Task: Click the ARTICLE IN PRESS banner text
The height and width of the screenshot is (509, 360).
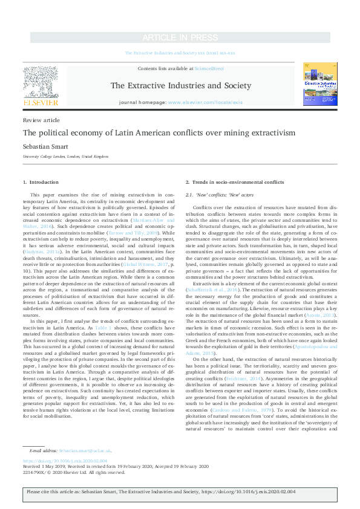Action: [180, 38]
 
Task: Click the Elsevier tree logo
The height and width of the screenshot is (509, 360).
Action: [40, 81]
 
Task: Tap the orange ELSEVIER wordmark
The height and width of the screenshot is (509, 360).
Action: [40, 103]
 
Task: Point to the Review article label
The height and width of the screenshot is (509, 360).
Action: [37, 120]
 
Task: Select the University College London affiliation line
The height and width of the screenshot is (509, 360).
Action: [65, 157]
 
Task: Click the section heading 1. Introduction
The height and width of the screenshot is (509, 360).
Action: [41, 182]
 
